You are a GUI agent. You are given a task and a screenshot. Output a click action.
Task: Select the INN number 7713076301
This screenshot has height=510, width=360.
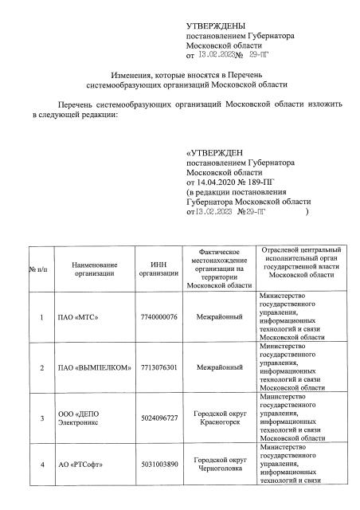pos(158,367)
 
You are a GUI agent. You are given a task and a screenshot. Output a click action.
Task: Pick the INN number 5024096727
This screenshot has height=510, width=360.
pos(158,418)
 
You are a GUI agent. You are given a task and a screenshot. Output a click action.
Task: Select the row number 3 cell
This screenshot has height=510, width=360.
pos(40,418)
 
